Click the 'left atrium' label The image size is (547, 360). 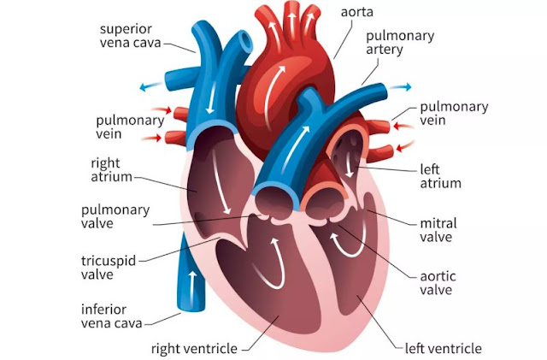(x=440, y=175)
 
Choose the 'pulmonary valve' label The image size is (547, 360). (x=115, y=217)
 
